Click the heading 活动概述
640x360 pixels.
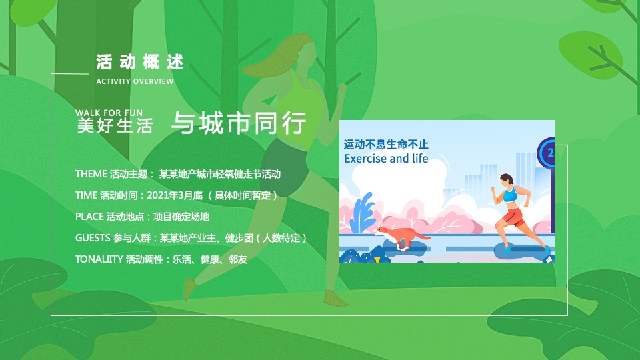pos(139,63)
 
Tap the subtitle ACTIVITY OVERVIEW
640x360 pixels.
pos(135,81)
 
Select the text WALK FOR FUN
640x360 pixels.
pos(107,113)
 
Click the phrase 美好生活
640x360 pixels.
pos(115,125)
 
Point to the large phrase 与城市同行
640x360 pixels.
pos(239,124)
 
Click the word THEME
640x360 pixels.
pos(91,175)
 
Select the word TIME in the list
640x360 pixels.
pos(86,196)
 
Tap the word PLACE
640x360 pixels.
pos(89,217)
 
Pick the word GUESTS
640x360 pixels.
pos(92,238)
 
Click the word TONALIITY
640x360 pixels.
pos(99,259)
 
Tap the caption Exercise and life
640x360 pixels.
pos(386,159)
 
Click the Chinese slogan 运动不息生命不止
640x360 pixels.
pos(386,145)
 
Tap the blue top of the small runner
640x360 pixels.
pos(511,195)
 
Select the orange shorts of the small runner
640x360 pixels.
pos(514,217)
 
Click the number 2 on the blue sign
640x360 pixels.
pos(550,153)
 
